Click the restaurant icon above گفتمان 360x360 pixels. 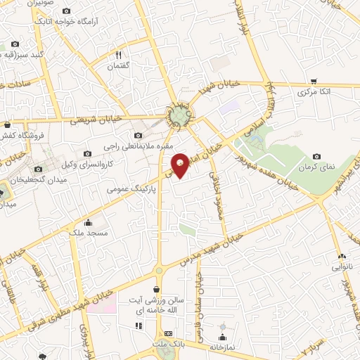click(119, 55)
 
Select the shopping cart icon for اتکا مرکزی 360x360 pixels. click(313, 81)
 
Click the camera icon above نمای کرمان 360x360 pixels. click(316, 156)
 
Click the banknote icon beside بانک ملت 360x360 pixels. click(168, 333)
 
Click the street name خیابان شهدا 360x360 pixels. click(219, 87)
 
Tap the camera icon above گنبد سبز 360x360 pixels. click(15, 44)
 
